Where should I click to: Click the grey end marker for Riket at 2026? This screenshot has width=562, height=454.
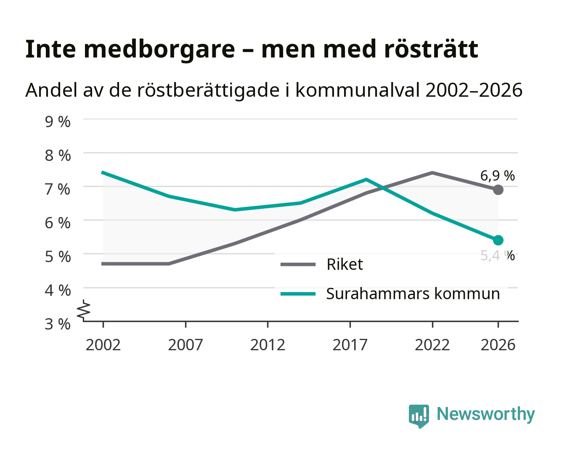point(498,190)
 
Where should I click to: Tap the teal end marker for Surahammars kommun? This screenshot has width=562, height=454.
point(498,240)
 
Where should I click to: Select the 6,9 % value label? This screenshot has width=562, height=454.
point(497,176)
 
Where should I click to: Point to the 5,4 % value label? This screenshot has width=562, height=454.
point(497,256)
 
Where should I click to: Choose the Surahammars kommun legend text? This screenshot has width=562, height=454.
point(413,293)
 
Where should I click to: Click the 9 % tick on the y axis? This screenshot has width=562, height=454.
point(58,122)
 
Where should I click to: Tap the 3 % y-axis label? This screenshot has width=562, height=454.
point(58,324)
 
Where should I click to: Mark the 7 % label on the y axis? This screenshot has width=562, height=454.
point(58,189)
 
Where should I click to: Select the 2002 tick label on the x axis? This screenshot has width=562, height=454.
point(103,345)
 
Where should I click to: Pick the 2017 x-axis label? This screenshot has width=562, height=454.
point(350,345)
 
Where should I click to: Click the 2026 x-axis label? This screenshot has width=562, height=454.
point(498,345)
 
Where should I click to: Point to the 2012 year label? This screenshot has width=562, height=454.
point(268,345)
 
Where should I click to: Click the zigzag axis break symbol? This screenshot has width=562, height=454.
point(84,310)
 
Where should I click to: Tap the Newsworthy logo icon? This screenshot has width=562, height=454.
point(419,416)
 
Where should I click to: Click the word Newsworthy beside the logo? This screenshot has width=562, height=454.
point(486,414)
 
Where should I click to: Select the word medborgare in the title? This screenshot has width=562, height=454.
point(159,50)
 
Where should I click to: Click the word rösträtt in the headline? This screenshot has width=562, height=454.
point(431,49)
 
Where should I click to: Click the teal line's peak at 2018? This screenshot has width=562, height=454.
point(366,179)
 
